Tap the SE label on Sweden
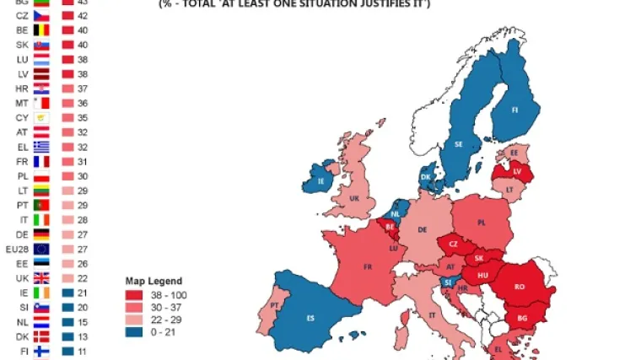[460, 144]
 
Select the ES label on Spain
[310, 317]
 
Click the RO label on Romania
[520, 287]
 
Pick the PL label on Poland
[482, 223]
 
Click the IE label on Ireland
[320, 180]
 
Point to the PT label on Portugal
[275, 305]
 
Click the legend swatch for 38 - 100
[133, 295]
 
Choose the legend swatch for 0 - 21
[133, 333]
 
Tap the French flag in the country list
[41, 161]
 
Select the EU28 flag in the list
[41, 249]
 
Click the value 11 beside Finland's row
[82, 351]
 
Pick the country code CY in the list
[22, 117]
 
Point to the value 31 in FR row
[82, 161]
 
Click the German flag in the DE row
[41, 234]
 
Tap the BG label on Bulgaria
[523, 319]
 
